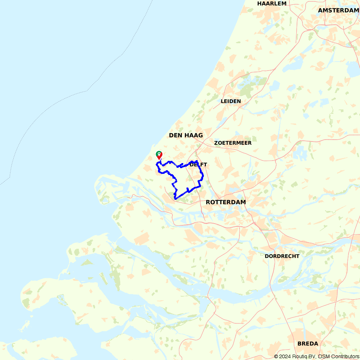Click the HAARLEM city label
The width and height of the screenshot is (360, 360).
click(272, 4)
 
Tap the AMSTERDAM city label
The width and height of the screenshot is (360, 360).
click(338, 10)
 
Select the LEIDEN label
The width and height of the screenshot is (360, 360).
click(231, 101)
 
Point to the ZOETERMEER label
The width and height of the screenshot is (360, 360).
click(233, 143)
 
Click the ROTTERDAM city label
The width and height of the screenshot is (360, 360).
click(226, 202)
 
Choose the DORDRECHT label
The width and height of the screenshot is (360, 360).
click(282, 256)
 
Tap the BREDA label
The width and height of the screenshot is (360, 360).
click(308, 343)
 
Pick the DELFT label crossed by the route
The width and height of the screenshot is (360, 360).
click(198, 165)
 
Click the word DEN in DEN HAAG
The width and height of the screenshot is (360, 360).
click(176, 135)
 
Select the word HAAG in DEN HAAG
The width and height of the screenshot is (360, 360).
click(194, 135)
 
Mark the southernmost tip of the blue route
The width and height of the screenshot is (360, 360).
click(175, 198)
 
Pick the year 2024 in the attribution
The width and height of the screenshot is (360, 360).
click(285, 356)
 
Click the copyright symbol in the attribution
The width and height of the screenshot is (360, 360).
click(276, 356)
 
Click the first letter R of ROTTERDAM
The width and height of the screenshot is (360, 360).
click(208, 202)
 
